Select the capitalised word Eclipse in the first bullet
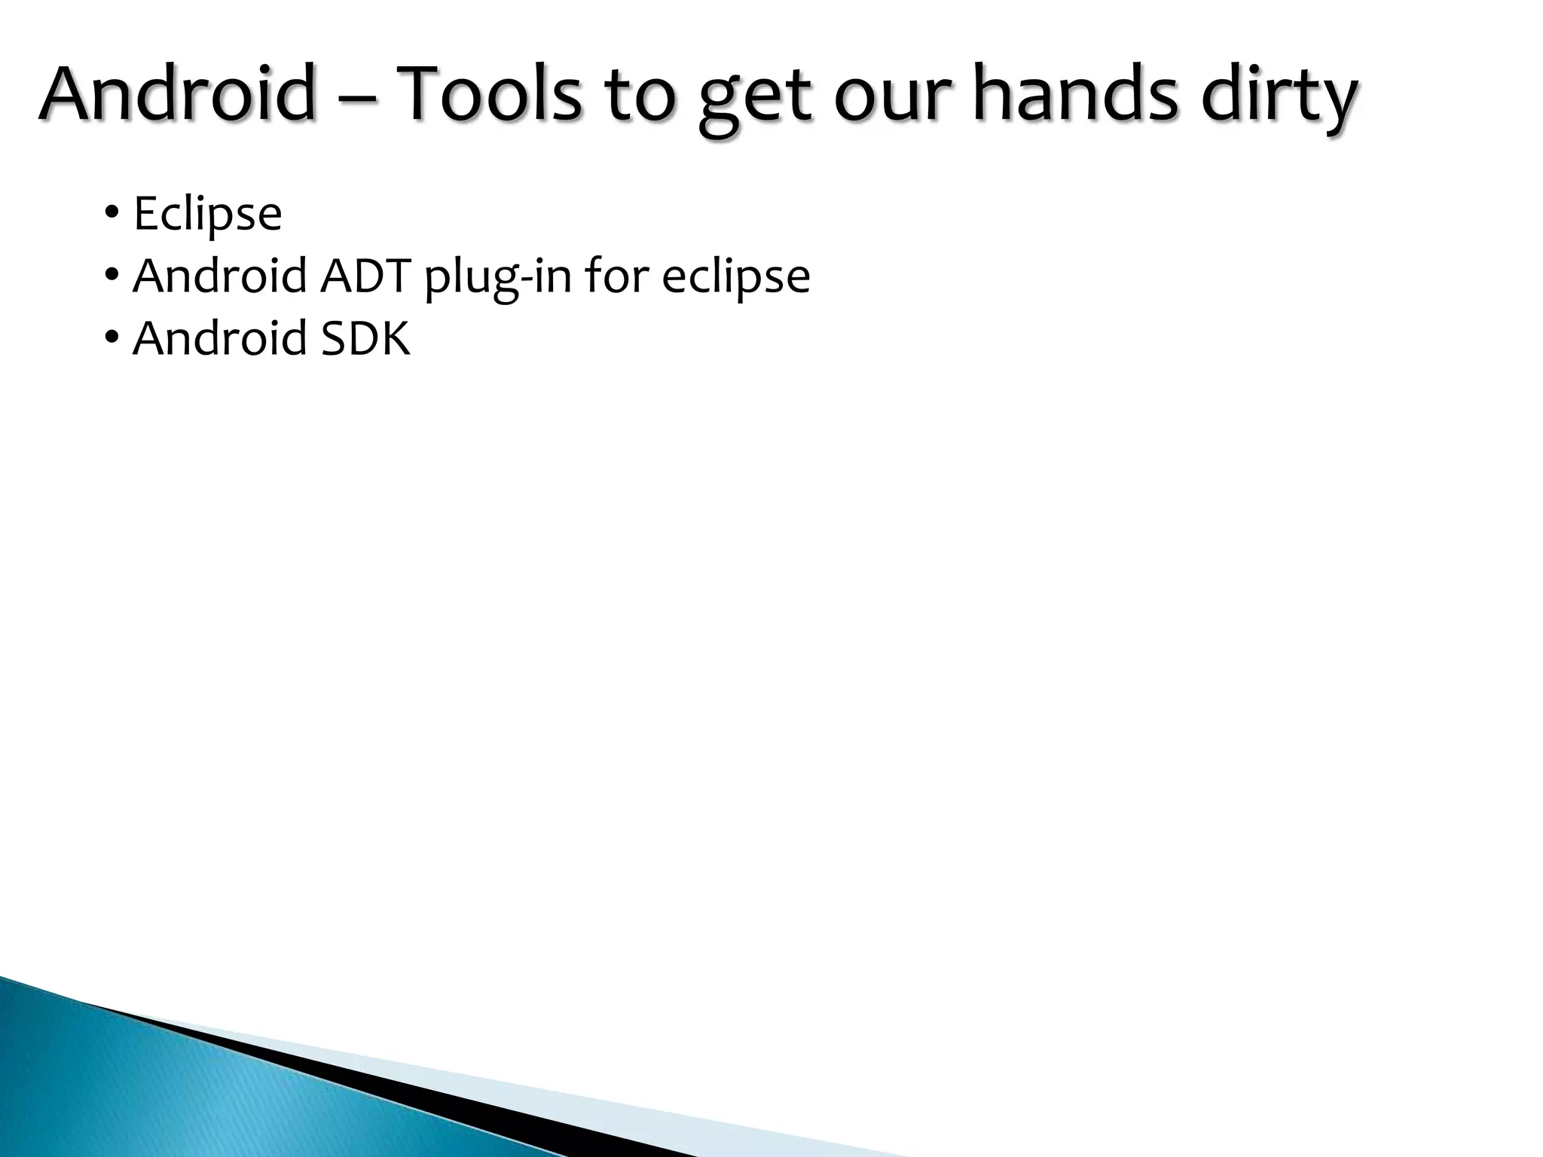pyautogui.click(x=207, y=215)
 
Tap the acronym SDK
pyautogui.click(x=366, y=338)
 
